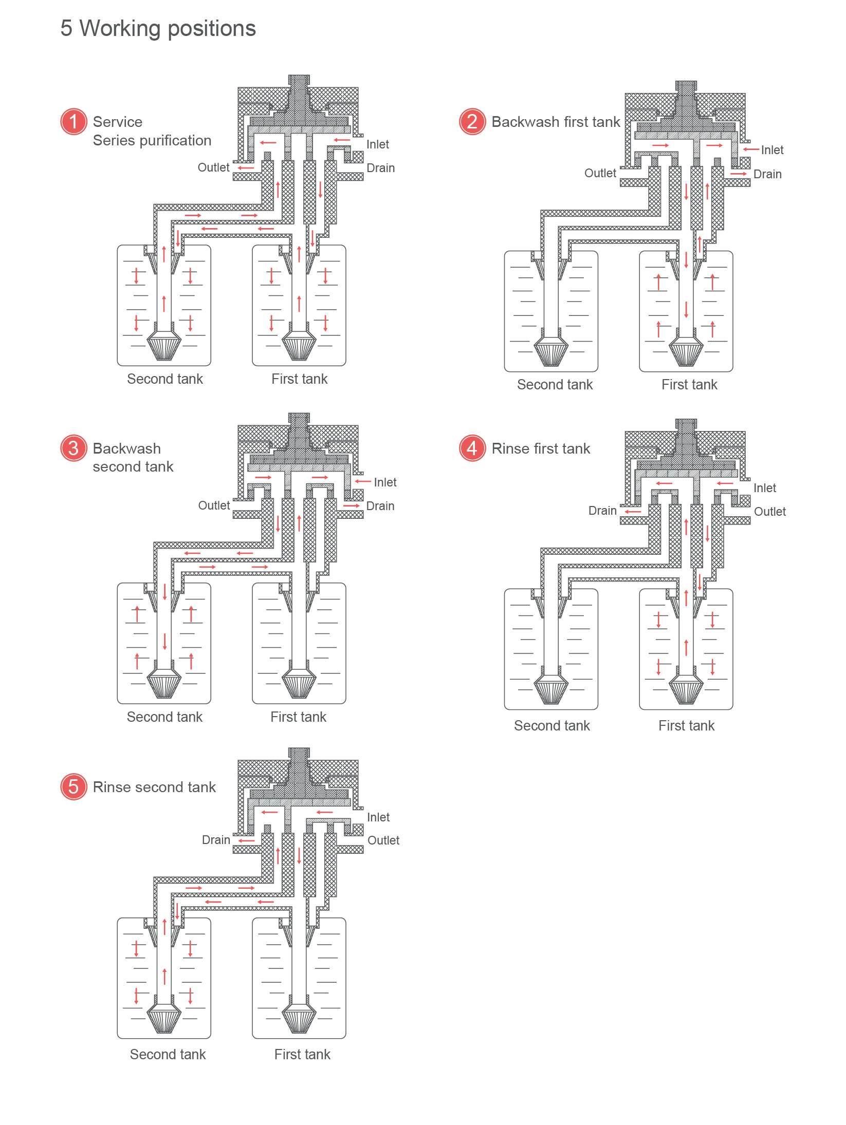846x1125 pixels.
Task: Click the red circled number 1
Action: click(x=73, y=122)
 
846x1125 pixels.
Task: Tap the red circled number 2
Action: click(x=472, y=122)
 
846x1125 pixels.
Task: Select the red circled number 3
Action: click(x=73, y=448)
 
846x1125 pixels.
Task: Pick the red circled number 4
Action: click(x=472, y=448)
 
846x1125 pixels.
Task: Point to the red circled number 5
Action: click(x=73, y=786)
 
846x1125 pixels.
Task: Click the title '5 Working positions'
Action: click(x=158, y=29)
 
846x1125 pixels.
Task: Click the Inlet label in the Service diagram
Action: click(x=377, y=144)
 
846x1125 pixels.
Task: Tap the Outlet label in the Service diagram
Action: click(x=213, y=167)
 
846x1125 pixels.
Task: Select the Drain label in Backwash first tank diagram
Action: click(x=767, y=174)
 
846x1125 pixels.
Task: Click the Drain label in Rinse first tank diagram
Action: click(x=602, y=511)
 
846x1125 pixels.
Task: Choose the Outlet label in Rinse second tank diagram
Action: click(x=383, y=840)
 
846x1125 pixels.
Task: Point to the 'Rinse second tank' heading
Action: click(x=154, y=787)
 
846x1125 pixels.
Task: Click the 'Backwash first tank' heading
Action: click(x=556, y=122)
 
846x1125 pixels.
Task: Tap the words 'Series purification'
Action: click(x=152, y=140)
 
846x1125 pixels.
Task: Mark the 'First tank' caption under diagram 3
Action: click(x=298, y=717)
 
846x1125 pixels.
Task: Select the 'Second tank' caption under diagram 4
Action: click(x=551, y=725)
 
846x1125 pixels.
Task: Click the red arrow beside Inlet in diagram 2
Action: click(x=751, y=149)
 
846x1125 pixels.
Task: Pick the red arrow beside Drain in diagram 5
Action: click(x=247, y=840)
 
